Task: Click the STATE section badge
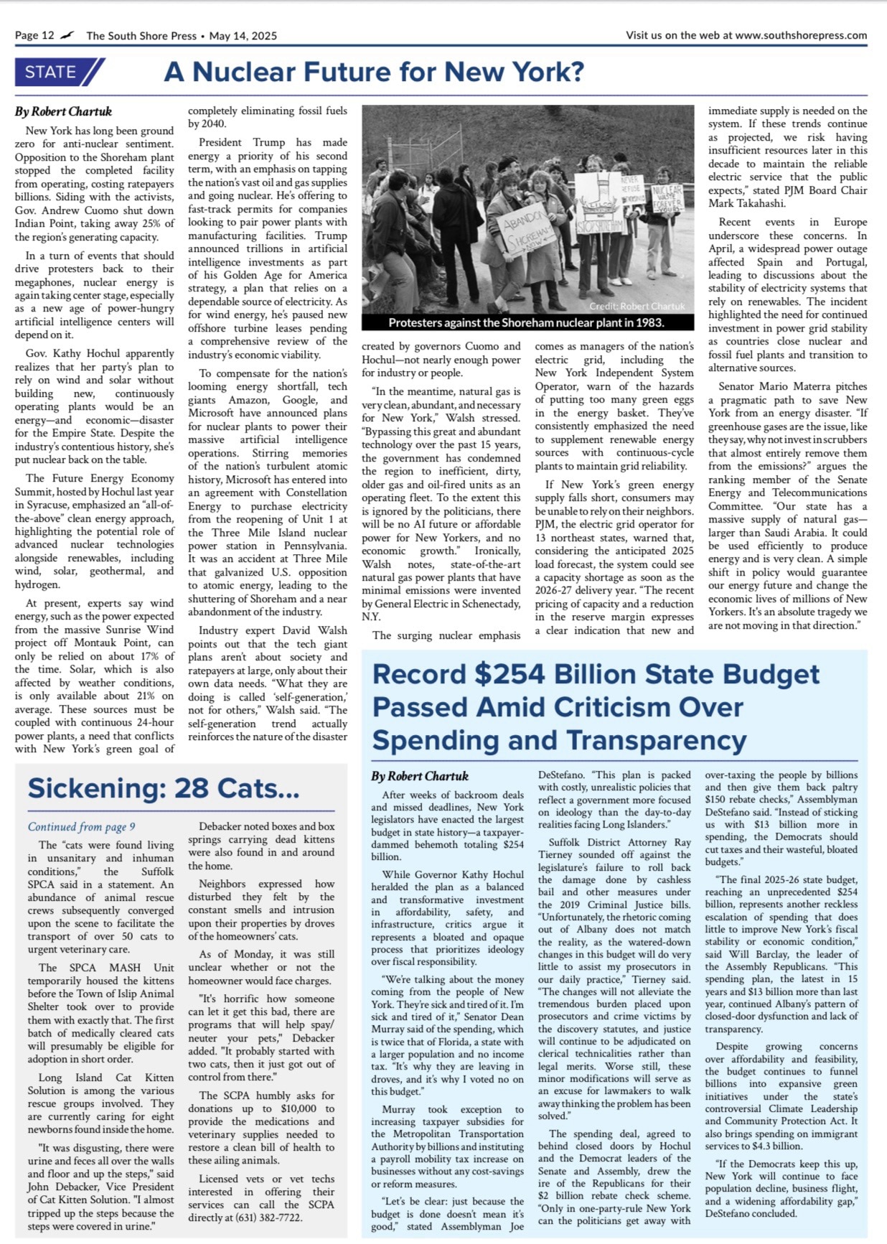click(59, 72)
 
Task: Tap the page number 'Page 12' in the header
click(34, 35)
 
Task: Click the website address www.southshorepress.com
click(801, 34)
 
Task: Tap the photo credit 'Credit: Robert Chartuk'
click(637, 306)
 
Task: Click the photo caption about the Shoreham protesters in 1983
click(526, 323)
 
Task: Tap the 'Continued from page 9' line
click(81, 827)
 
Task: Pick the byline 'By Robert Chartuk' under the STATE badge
click(63, 111)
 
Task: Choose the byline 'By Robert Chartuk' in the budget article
click(419, 776)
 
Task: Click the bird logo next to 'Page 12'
click(67, 34)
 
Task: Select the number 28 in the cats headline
click(192, 788)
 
